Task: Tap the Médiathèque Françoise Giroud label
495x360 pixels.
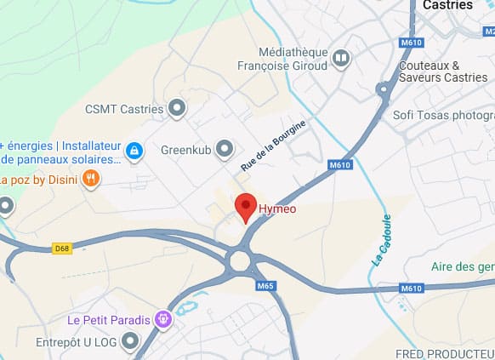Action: pyautogui.click(x=293, y=58)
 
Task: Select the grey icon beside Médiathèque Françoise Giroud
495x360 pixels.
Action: pyautogui.click(x=341, y=58)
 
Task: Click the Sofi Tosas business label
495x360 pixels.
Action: pyautogui.click(x=443, y=115)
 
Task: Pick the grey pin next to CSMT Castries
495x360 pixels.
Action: pyautogui.click(x=177, y=108)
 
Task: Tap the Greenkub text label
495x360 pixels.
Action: pyautogui.click(x=185, y=150)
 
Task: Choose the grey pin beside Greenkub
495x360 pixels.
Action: pyautogui.click(x=225, y=150)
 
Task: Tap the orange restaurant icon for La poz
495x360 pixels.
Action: pyautogui.click(x=92, y=179)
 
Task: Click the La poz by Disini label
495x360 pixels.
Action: pyautogui.click(x=38, y=179)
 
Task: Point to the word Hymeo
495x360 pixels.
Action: pyautogui.click(x=277, y=209)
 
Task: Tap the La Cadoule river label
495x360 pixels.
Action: pyautogui.click(x=381, y=241)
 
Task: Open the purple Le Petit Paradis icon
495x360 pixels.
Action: pyautogui.click(x=163, y=320)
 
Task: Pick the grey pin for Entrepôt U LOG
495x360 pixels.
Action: pyautogui.click(x=130, y=342)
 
